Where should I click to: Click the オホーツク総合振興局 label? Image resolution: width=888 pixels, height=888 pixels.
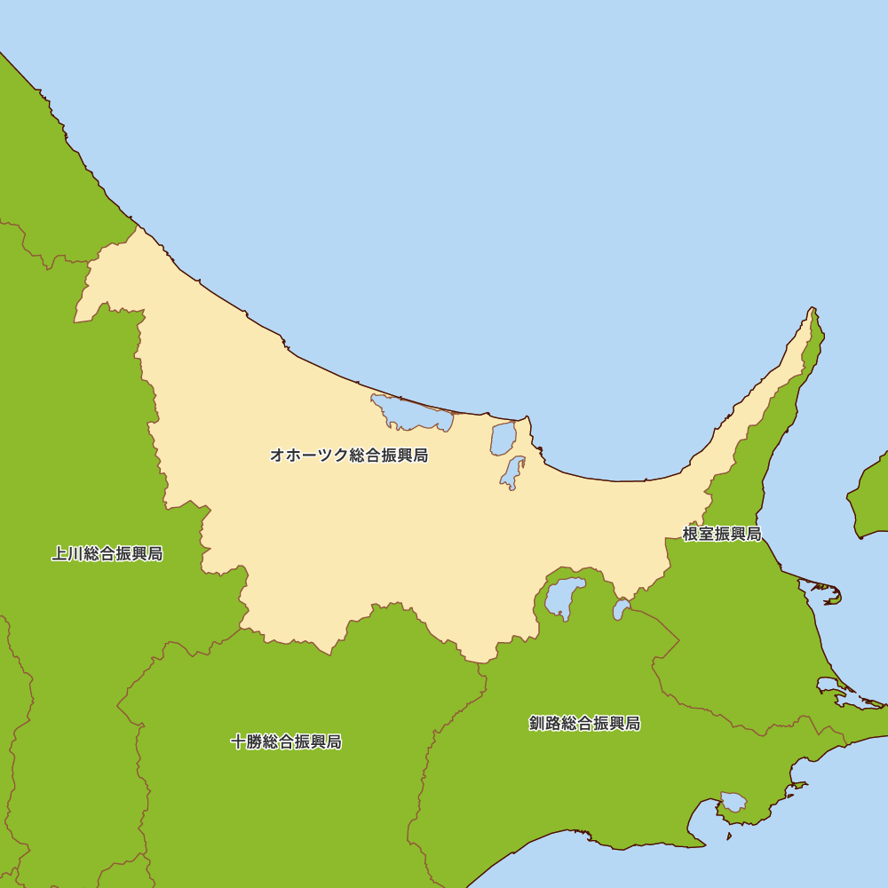pos(349,456)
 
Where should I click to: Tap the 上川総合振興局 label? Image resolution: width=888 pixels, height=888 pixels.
pos(107,554)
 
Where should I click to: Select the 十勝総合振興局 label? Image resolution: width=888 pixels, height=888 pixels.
pos(286,741)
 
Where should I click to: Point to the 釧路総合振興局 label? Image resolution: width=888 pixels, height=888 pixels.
pos(584,723)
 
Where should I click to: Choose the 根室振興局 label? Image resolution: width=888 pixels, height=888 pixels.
pos(722,534)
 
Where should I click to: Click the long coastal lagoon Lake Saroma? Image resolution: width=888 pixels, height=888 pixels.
pos(410,414)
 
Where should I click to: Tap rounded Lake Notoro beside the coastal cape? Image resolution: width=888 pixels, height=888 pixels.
pos(503,438)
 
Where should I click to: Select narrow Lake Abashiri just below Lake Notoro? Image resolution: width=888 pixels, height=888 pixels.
pos(511,472)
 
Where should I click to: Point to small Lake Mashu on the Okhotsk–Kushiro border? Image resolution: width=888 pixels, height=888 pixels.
pos(621,609)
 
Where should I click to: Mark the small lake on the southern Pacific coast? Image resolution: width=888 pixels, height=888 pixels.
pos(733,802)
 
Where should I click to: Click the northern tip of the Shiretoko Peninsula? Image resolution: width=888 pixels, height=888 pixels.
pos(812,310)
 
